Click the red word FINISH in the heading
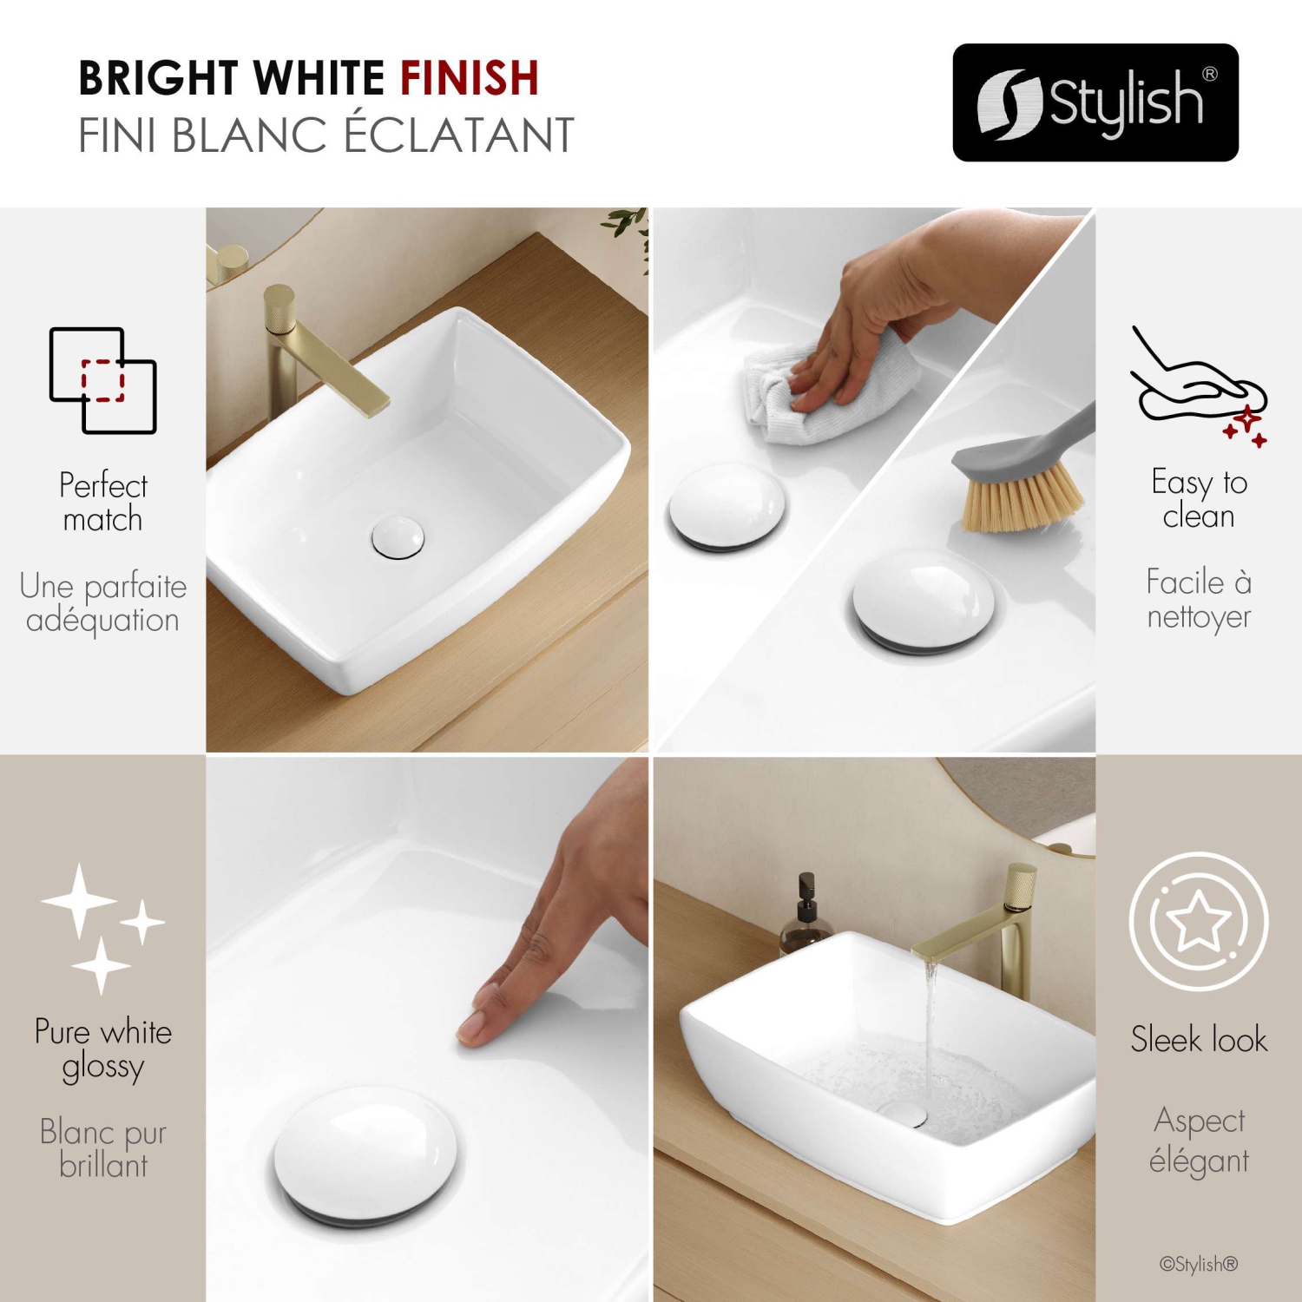click(470, 78)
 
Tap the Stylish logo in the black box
click(1095, 102)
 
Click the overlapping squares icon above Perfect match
click(102, 380)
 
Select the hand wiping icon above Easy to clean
click(1198, 387)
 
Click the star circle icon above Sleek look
click(1198, 921)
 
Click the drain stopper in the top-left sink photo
click(398, 536)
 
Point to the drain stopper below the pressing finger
click(365, 1154)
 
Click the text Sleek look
click(1198, 1039)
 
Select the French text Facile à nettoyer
click(1198, 599)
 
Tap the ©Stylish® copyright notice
click(1198, 1264)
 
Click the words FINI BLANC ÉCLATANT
click(326, 135)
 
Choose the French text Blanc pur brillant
click(102, 1148)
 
